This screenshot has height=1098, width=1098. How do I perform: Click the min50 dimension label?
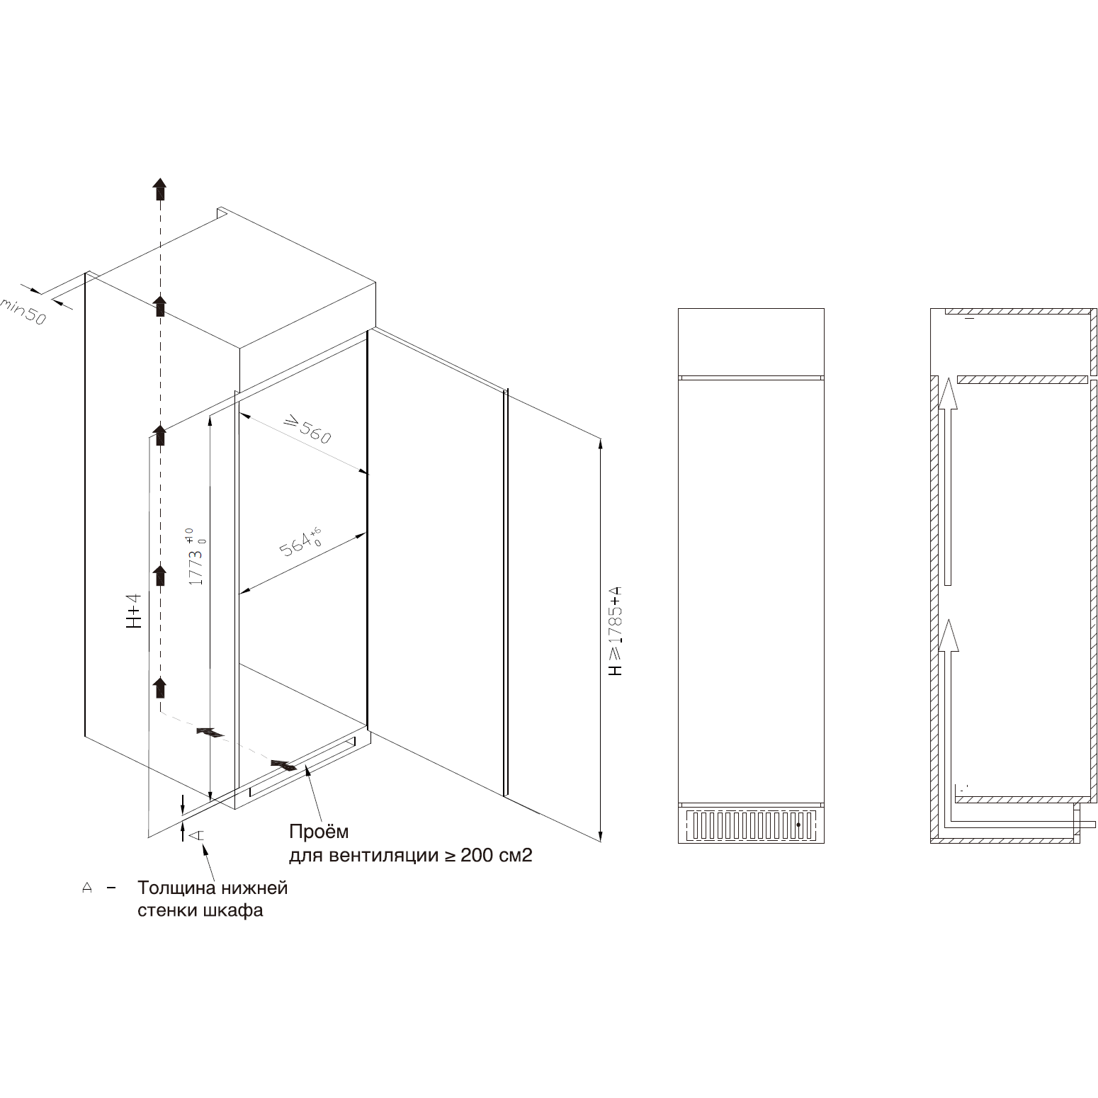tap(23, 312)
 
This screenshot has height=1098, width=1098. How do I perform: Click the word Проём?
tap(319, 831)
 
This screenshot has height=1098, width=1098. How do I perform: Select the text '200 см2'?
tap(496, 856)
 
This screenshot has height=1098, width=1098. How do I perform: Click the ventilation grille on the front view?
tap(751, 825)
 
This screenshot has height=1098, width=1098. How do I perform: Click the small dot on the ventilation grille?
tap(798, 825)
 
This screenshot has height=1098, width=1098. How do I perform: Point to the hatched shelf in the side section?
tap(1021, 379)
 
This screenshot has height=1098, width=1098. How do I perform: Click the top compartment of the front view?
tap(751, 341)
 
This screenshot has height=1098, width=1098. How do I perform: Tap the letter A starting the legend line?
tap(88, 888)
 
